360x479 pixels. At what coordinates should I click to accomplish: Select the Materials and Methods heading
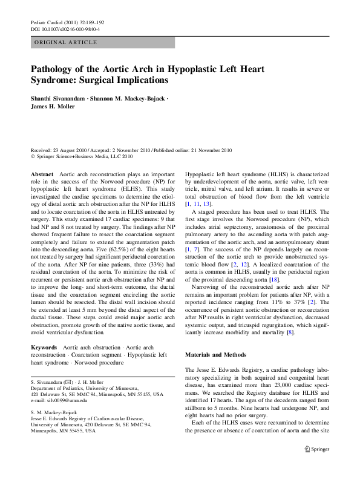click(x=215, y=354)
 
